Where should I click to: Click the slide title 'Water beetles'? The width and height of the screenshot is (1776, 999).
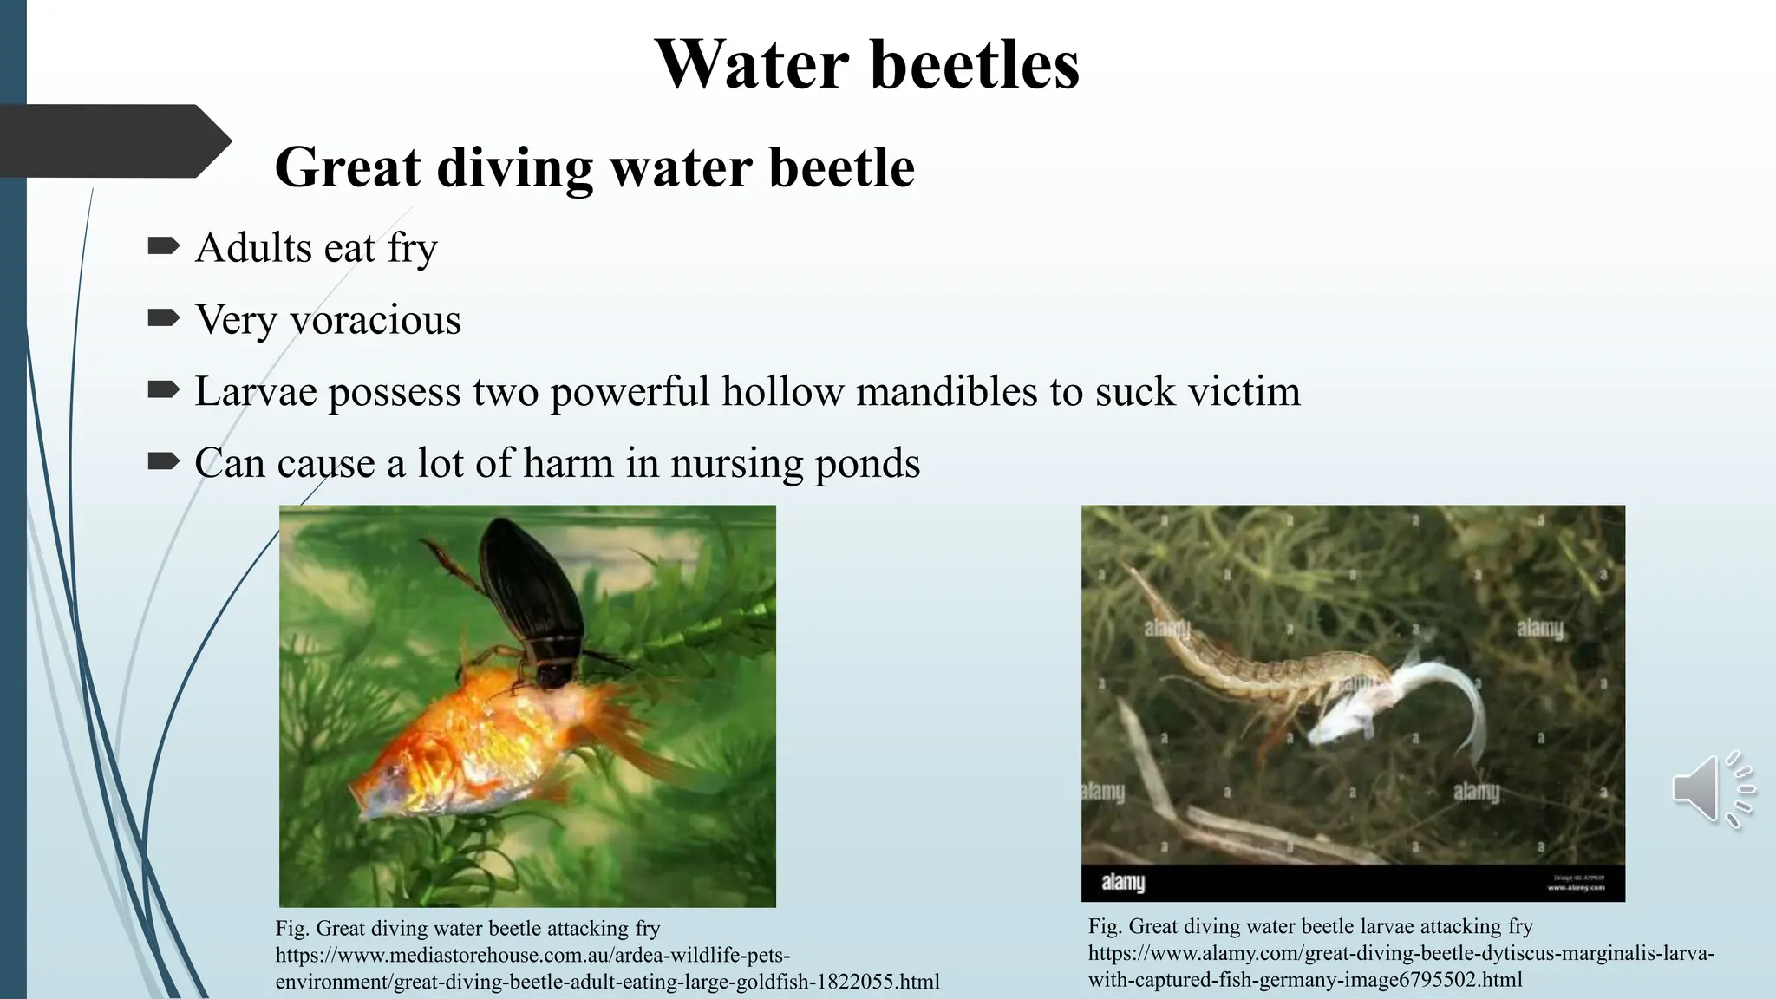pos(867,64)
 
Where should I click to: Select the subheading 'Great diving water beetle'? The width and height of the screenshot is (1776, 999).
pos(595,166)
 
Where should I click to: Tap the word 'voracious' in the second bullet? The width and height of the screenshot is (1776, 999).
pos(375,320)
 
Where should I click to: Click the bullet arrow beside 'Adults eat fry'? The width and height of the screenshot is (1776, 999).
pos(163,247)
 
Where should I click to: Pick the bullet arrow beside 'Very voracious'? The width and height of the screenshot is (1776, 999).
pos(163,319)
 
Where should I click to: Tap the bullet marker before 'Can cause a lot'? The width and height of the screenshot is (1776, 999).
pos(163,462)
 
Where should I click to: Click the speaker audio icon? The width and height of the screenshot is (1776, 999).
pos(1712,788)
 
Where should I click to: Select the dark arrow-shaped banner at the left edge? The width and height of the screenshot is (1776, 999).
pos(113,141)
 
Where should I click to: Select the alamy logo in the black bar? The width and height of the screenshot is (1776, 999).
pos(1123,883)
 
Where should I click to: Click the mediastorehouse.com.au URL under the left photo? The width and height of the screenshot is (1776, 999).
pos(607,969)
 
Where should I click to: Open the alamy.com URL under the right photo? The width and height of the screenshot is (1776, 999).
pos(1401,966)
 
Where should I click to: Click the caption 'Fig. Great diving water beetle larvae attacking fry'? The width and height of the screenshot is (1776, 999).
pos(1309,926)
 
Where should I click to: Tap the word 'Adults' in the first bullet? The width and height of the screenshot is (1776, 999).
pos(253,248)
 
